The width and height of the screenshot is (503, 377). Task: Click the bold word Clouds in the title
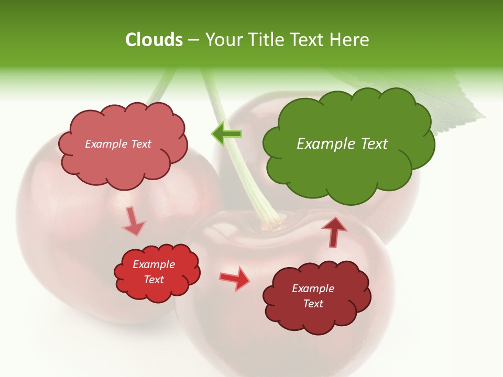[154, 40]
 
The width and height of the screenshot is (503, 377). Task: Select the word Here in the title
[349, 40]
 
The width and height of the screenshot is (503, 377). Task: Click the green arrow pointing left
[227, 134]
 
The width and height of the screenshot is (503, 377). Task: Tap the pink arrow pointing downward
[133, 221]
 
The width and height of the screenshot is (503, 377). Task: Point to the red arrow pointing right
[235, 278]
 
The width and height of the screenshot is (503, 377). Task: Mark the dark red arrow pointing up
[334, 232]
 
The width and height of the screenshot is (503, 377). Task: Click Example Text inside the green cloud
[342, 144]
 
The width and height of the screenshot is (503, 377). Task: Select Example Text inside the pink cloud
[118, 144]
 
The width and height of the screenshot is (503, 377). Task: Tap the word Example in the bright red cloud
[154, 264]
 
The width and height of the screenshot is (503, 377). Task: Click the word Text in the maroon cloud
[313, 304]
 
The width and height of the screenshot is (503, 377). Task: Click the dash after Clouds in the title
[193, 40]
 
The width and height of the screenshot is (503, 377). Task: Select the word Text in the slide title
[307, 40]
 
